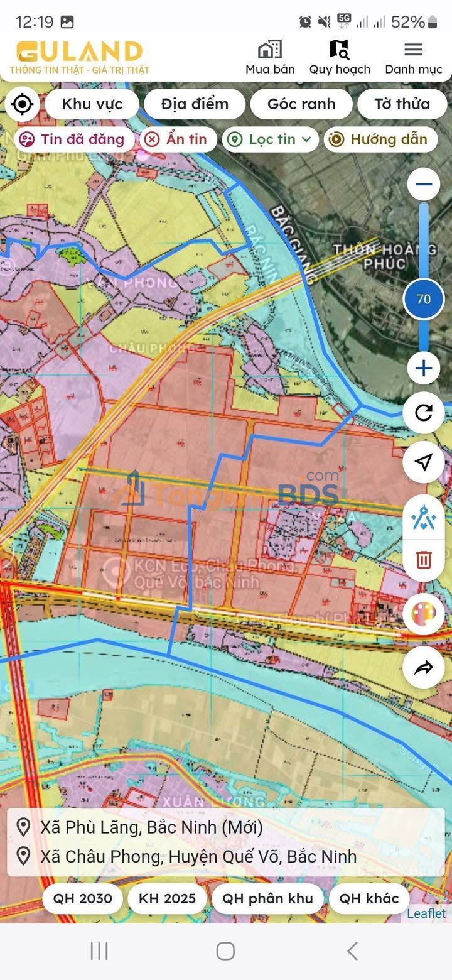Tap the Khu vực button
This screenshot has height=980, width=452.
[x=92, y=104]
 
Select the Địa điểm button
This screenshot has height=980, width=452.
[x=195, y=104]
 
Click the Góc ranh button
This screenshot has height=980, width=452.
[x=301, y=104]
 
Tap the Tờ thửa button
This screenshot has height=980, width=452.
[x=402, y=104]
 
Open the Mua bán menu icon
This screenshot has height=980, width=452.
[x=270, y=50]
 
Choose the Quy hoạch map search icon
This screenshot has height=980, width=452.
[x=339, y=50]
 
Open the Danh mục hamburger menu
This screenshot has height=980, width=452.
[x=413, y=50]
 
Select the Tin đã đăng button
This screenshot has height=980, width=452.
[x=73, y=139]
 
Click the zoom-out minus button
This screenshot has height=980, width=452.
[x=424, y=184]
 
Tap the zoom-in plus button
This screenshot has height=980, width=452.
[x=424, y=368]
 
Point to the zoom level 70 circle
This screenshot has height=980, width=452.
[x=424, y=299]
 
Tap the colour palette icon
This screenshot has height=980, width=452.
[x=424, y=614]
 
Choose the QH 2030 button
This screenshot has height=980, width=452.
[x=82, y=898]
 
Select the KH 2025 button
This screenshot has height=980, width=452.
[x=167, y=898]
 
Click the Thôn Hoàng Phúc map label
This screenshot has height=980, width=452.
[x=385, y=256]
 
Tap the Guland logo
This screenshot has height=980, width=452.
[x=79, y=52]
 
